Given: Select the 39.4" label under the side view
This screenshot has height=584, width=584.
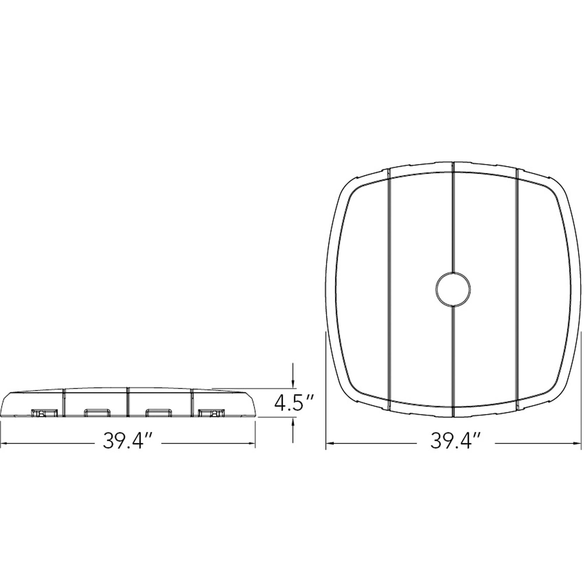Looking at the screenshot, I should tap(127, 442).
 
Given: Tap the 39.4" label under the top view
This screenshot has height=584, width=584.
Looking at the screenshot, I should tap(455, 442).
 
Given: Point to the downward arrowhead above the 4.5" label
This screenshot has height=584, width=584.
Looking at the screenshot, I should tap(293, 384).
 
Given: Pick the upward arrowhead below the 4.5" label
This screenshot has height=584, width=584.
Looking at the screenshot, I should tap(293, 421).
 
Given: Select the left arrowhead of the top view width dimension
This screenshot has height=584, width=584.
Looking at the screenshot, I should tap(329, 444).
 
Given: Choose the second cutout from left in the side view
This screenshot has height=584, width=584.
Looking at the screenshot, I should tap(97, 413).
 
